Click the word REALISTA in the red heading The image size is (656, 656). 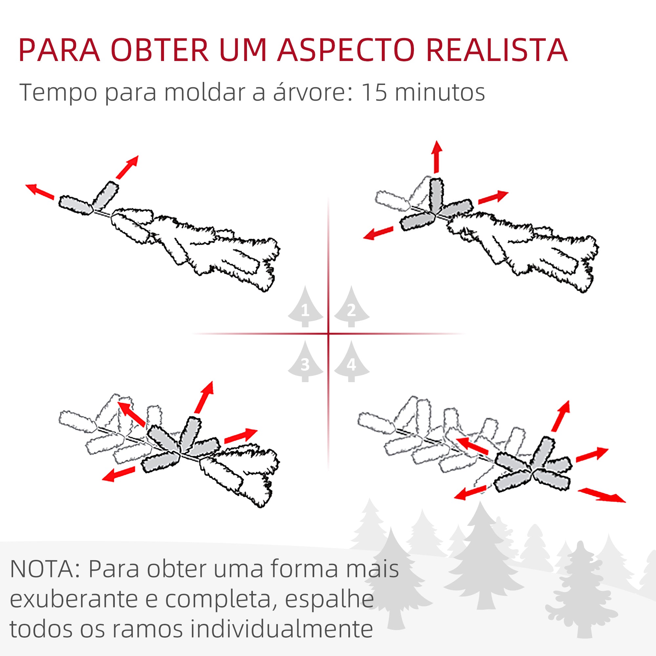[497, 50]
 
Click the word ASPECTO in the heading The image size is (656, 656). [346, 50]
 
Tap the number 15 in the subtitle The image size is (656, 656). [374, 92]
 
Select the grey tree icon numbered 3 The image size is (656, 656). [305, 363]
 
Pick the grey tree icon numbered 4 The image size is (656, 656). [351, 363]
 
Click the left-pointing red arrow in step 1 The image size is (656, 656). [40, 191]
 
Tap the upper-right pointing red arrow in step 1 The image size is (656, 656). [128, 167]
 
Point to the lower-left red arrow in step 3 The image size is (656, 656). [118, 474]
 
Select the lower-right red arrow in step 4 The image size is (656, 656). [601, 495]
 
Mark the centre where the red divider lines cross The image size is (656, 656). [328, 334]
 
